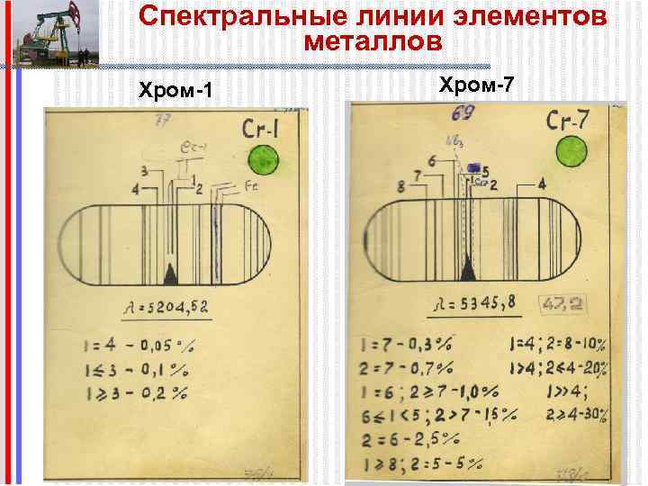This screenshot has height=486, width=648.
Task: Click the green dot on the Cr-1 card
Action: (264, 160)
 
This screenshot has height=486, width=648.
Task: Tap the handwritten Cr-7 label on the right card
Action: (569, 121)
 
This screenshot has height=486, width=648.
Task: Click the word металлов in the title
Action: (373, 41)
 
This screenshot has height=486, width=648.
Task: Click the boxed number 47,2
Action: (561, 305)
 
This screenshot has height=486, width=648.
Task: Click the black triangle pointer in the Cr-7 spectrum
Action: (468, 267)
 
